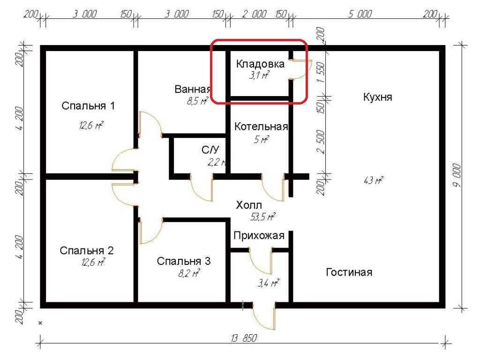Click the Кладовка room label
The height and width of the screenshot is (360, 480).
point(260,64)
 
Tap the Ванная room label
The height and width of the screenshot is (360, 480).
point(193,89)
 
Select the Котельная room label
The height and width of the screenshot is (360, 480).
point(261,127)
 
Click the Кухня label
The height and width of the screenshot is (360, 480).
point(377,97)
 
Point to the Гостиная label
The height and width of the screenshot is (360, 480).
point(349,272)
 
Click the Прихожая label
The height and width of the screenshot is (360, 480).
point(259,235)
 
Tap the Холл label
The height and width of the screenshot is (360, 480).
point(249,205)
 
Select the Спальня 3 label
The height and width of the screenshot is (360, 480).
point(184,261)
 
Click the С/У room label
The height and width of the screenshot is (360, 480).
point(210,150)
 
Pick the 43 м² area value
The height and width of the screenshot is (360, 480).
point(373,180)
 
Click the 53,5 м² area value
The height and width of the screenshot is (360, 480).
point(262,217)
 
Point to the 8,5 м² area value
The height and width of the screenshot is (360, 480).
point(197,100)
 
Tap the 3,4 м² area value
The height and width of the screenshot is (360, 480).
point(268,283)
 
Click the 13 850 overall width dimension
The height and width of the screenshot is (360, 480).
point(244,338)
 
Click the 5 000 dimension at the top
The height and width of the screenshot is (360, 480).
point(360,14)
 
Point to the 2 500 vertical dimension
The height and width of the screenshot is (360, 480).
point(321,142)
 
